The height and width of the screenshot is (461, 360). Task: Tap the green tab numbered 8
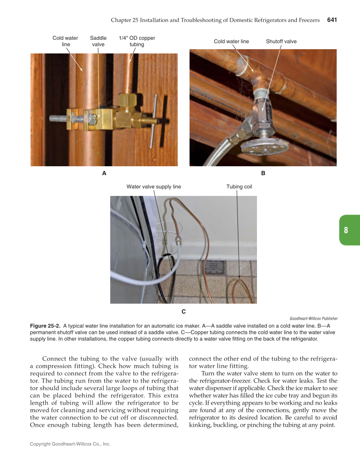point(346,230)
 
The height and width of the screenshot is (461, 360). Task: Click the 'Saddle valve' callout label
point(98,41)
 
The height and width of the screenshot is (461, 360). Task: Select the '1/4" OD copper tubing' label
point(137,41)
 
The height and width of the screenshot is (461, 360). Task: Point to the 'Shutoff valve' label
point(281,41)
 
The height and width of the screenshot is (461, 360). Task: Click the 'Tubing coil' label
point(239,187)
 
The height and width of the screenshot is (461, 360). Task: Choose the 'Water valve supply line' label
point(153,187)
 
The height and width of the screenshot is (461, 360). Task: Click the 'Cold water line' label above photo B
point(231,41)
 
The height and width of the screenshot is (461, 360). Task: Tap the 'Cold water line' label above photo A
point(65,41)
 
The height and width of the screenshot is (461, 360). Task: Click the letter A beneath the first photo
point(104,173)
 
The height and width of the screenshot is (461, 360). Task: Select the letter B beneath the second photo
point(263,173)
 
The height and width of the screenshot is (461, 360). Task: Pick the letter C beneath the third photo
point(184,312)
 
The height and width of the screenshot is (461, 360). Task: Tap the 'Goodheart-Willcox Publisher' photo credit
point(313,319)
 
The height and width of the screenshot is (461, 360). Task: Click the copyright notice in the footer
point(70,444)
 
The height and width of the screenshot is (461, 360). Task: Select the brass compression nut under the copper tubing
point(126,101)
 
